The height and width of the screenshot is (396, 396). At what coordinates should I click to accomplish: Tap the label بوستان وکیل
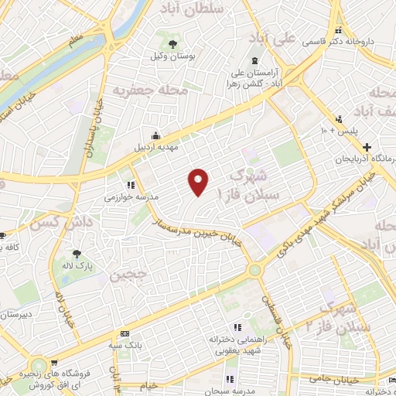(171, 56)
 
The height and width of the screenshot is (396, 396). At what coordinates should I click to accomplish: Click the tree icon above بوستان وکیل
(171, 43)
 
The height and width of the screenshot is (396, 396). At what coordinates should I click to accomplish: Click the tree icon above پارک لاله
(76, 253)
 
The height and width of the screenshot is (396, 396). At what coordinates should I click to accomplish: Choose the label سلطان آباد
(190, 7)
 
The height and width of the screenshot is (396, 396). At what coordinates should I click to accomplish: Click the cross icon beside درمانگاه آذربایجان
(367, 147)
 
